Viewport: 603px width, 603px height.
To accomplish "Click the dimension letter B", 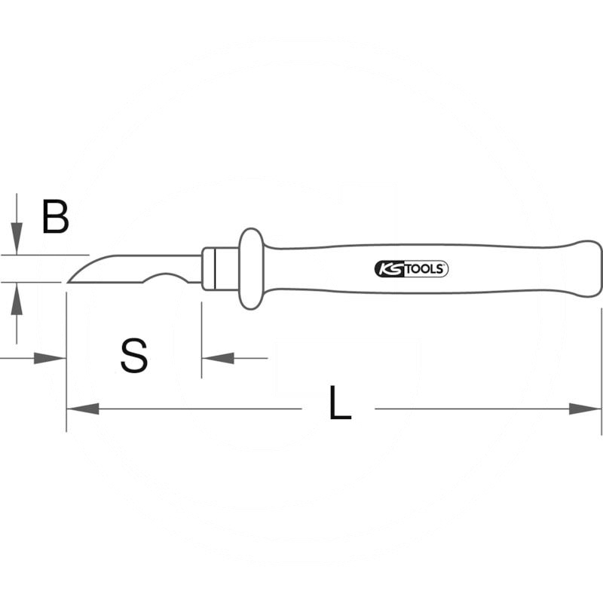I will (56, 217).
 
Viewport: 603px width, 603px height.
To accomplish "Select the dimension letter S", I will (134, 356).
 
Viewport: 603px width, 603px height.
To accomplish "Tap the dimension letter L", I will (340, 403).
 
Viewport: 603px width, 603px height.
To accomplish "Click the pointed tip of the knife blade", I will (69, 282).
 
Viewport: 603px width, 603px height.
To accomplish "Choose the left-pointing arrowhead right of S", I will (216, 358).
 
